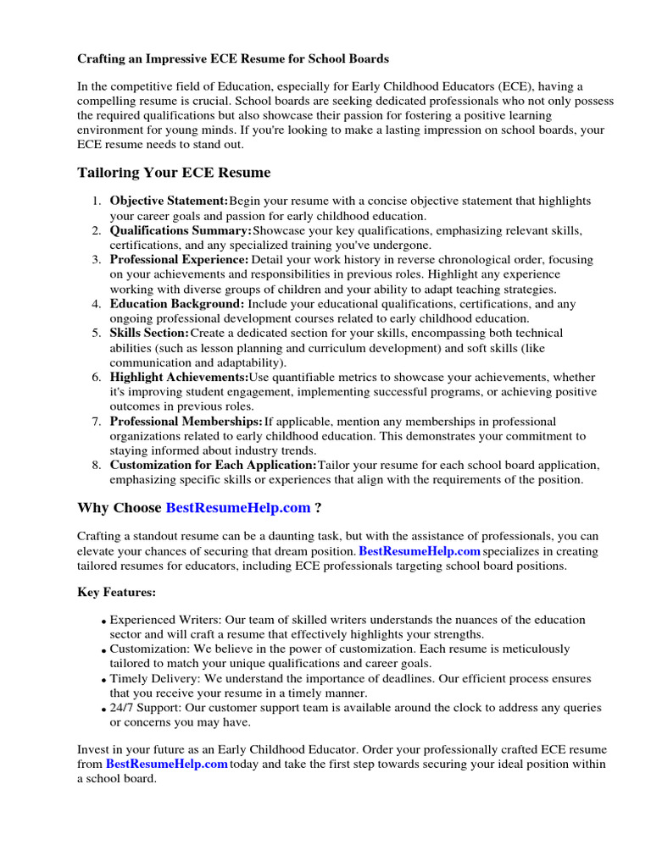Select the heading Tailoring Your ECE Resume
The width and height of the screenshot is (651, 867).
coord(174,173)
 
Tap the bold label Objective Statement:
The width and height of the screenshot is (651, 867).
coord(169,202)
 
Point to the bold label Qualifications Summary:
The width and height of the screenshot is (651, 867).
coord(181,230)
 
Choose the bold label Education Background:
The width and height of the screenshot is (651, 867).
coord(177,304)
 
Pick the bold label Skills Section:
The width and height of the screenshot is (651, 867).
coord(149,334)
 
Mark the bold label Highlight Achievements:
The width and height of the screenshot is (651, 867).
coord(179,377)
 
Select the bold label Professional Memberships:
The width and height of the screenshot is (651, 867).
coord(186,421)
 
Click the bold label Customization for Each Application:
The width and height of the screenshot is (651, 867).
coord(213,466)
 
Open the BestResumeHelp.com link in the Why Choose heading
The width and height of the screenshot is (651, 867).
coord(237,508)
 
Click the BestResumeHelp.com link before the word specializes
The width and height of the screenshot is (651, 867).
coord(420,551)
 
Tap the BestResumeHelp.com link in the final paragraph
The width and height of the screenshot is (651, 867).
coord(166,765)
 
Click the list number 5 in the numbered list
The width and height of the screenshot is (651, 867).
coord(97,334)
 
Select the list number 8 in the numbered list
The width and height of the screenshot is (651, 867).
coord(97,466)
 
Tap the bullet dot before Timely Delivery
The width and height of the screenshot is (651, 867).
coord(103,681)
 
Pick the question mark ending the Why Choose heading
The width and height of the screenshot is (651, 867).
coord(318,508)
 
